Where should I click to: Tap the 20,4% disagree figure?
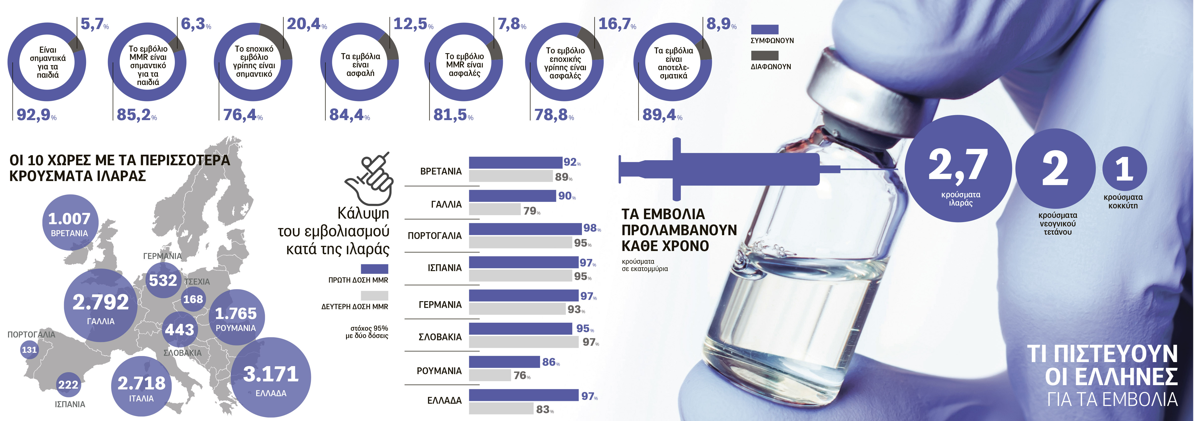(307, 24)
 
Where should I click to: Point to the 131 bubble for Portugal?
(29, 350)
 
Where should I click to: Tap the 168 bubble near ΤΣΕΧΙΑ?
(193, 299)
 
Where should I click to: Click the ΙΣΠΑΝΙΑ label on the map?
(70, 404)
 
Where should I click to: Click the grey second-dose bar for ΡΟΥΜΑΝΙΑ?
(490, 375)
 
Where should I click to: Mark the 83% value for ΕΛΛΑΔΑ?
(545, 409)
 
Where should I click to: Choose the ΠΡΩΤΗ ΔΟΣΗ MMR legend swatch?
(374, 269)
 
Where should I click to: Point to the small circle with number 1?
(1124, 169)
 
